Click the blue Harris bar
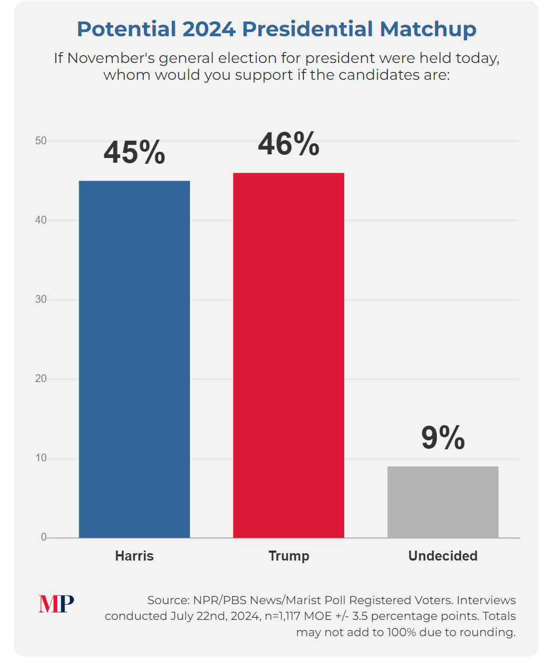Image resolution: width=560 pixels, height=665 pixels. click(134, 359)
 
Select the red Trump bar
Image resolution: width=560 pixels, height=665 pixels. click(289, 355)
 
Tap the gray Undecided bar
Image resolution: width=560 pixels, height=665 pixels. click(443, 502)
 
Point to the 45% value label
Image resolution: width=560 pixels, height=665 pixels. click(134, 153)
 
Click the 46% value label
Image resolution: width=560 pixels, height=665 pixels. click(289, 144)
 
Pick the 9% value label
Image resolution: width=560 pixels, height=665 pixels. click(443, 438)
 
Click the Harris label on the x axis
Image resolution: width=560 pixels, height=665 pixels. click(134, 556)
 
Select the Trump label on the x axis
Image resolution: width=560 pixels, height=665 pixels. click(289, 556)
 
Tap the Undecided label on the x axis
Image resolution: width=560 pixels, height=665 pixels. click(443, 556)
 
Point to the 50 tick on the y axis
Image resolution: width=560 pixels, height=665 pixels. click(41, 141)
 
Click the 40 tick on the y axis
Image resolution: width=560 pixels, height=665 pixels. click(41, 220)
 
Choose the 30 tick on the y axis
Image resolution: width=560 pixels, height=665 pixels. click(41, 299)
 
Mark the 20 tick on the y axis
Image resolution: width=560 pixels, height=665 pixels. click(41, 378)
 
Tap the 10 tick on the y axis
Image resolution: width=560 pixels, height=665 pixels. click(41, 458)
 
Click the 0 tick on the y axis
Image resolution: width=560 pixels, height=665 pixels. click(44, 537)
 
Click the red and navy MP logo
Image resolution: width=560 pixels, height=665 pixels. click(56, 604)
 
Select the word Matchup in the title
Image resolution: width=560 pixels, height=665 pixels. click(428, 29)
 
